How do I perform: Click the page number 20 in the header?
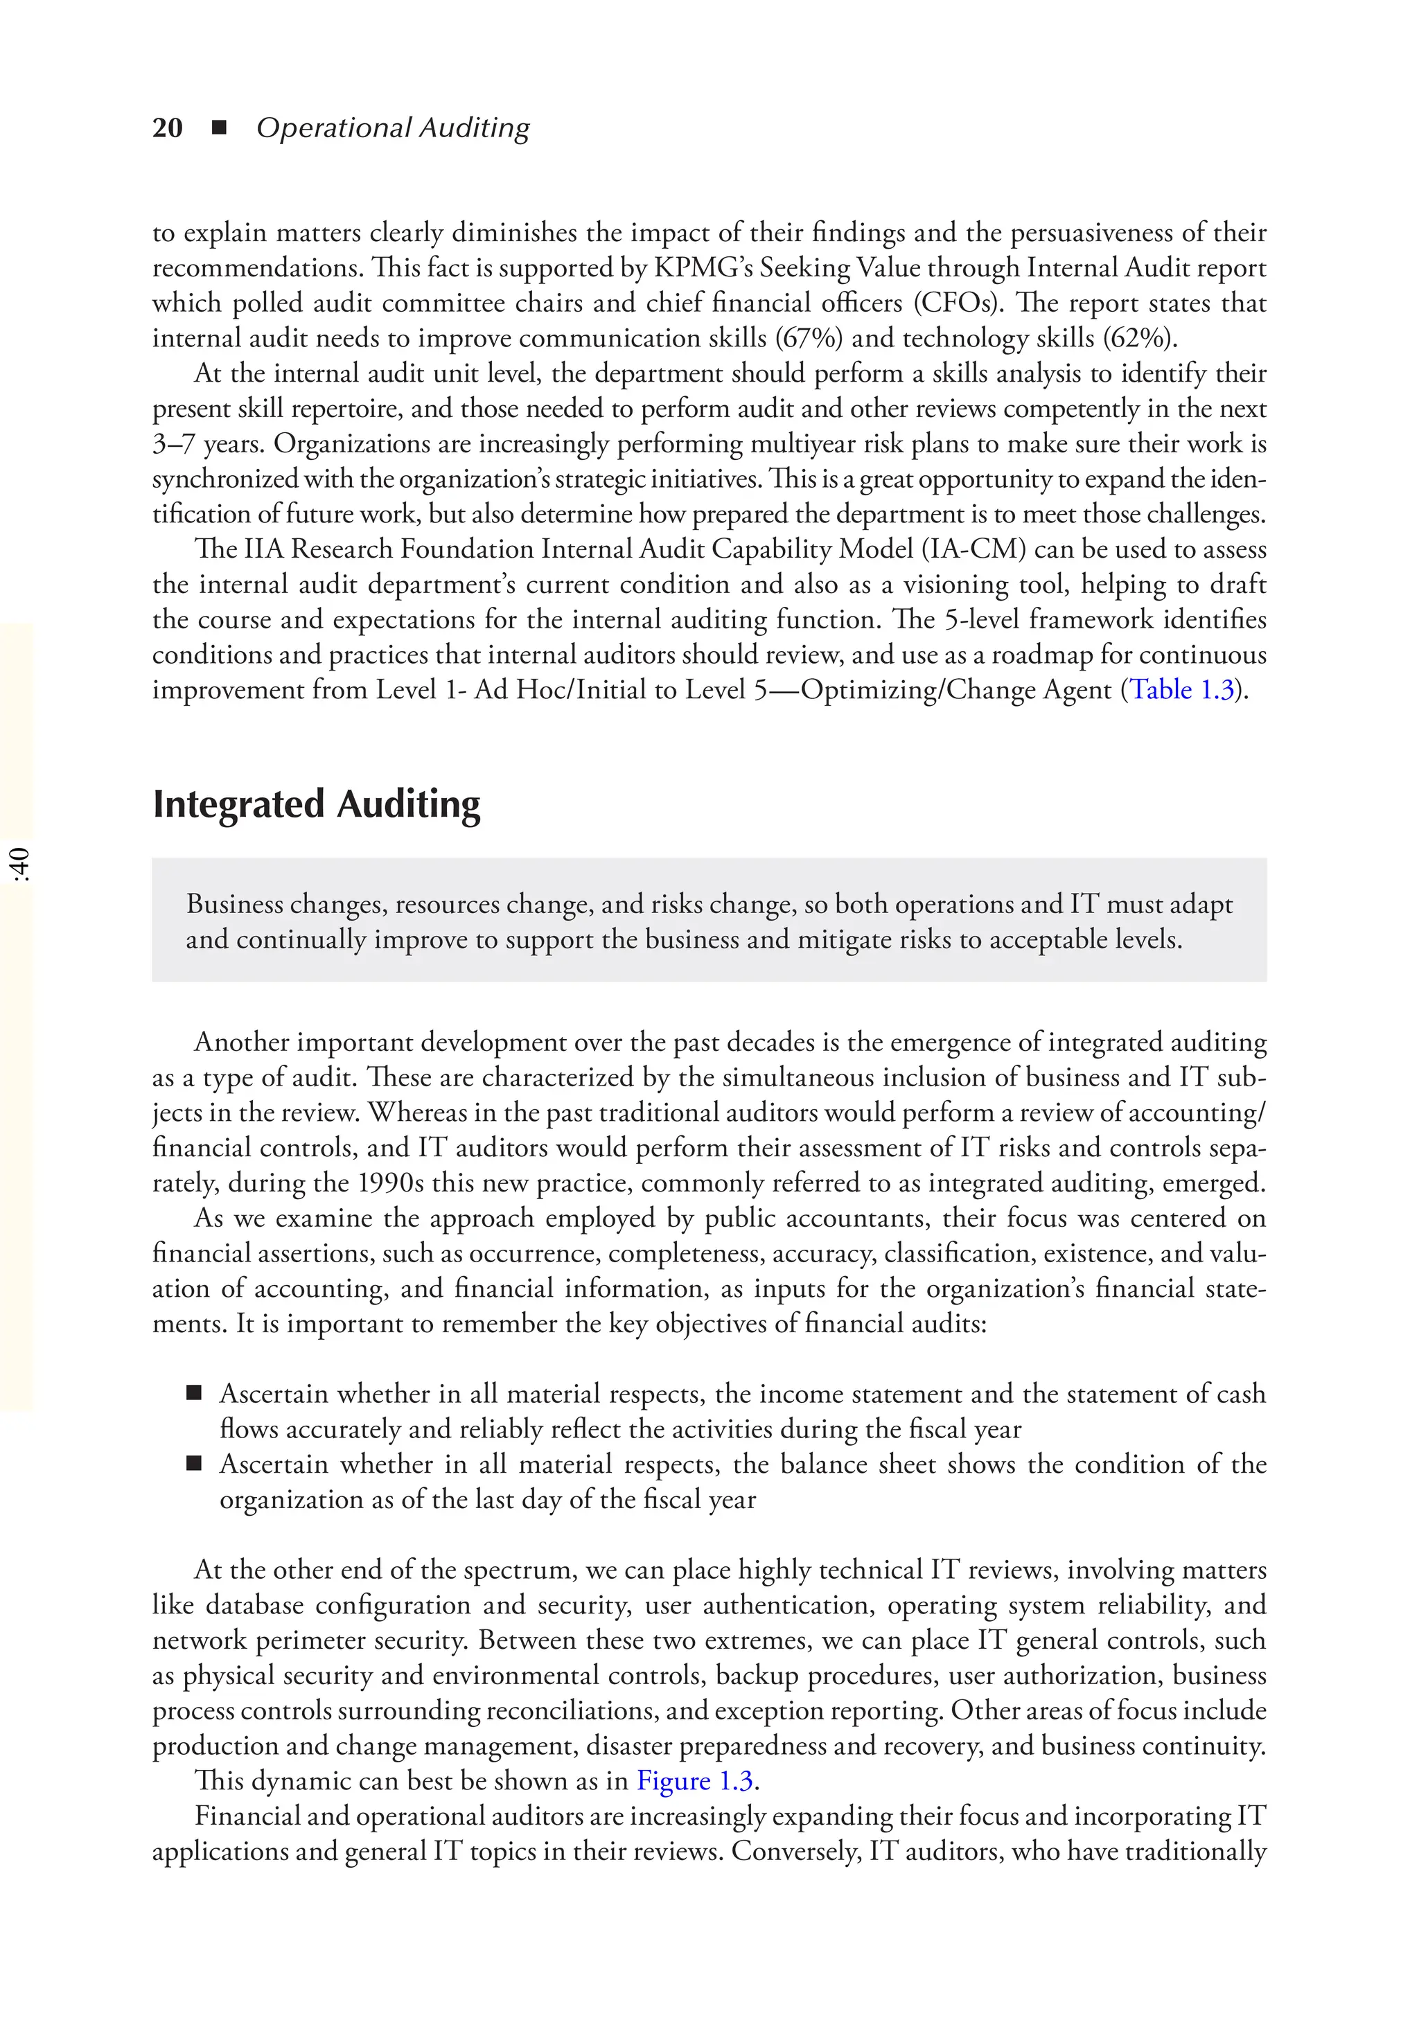coord(167,128)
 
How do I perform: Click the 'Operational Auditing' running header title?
coord(393,128)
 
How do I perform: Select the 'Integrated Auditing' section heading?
coord(316,804)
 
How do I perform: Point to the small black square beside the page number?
coord(220,128)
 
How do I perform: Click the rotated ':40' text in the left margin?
coord(19,865)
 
